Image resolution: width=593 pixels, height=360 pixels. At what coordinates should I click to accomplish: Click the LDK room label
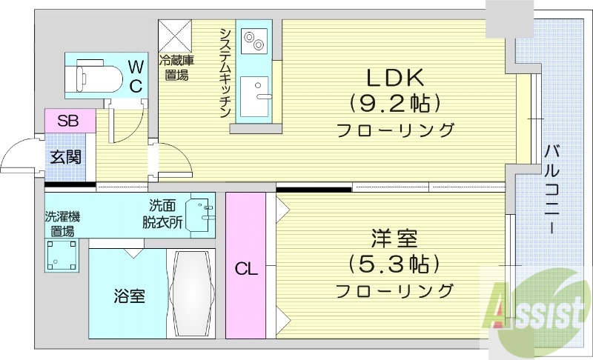394,76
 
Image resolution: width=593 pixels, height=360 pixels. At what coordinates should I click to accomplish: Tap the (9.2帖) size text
394,102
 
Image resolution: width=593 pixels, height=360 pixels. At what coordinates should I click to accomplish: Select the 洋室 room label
394,239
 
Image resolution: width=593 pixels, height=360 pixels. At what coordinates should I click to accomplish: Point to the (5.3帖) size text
394,264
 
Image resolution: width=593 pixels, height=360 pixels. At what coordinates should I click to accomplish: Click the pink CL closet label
247,270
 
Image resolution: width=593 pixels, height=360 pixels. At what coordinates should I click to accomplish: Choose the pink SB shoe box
69,121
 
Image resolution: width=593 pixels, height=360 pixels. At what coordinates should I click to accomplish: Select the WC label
136,76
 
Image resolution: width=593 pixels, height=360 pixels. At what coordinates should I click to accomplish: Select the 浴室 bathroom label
129,296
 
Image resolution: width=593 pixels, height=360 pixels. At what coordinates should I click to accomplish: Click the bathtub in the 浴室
192,294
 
